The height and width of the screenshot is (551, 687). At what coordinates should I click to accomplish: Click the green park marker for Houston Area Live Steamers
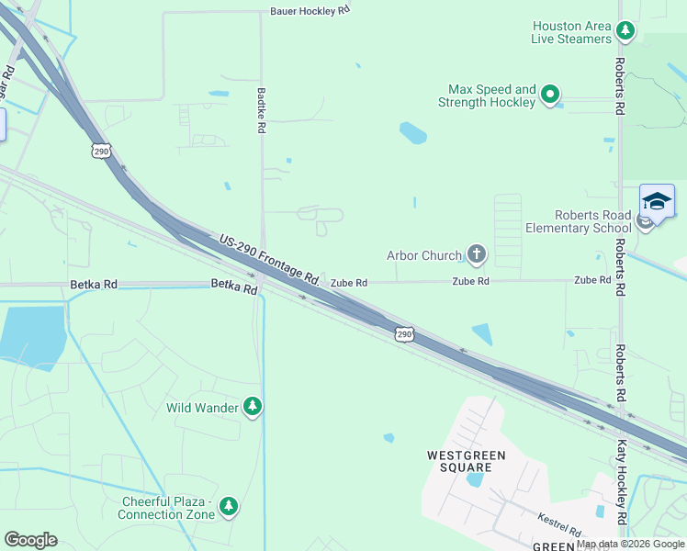click(x=625, y=32)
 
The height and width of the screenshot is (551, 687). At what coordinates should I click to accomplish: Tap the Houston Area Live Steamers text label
click(x=570, y=32)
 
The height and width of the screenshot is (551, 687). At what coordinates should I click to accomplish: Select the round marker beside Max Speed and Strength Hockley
click(x=550, y=95)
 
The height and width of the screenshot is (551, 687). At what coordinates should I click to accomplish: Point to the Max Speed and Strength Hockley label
click(x=491, y=96)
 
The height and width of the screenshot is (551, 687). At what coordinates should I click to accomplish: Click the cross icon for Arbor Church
click(x=476, y=254)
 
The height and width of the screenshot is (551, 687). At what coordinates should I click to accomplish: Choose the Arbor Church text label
click(x=423, y=255)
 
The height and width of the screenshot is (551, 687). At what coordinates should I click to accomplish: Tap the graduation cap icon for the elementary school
click(x=657, y=202)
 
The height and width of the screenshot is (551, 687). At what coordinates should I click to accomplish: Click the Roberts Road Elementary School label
click(x=578, y=221)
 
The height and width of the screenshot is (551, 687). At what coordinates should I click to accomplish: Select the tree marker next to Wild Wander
click(x=253, y=407)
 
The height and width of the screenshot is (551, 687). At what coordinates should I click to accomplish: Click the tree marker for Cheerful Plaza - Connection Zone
click(x=229, y=507)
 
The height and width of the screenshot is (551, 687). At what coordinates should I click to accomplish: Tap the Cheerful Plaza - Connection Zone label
click(x=168, y=508)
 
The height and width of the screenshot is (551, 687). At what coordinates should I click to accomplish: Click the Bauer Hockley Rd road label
click(x=310, y=12)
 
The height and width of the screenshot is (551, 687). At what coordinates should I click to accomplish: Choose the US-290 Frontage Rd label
click(x=269, y=257)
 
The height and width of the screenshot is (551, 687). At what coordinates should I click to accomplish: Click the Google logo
click(x=30, y=540)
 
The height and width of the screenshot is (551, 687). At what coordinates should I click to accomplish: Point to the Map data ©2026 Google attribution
click(x=630, y=544)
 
